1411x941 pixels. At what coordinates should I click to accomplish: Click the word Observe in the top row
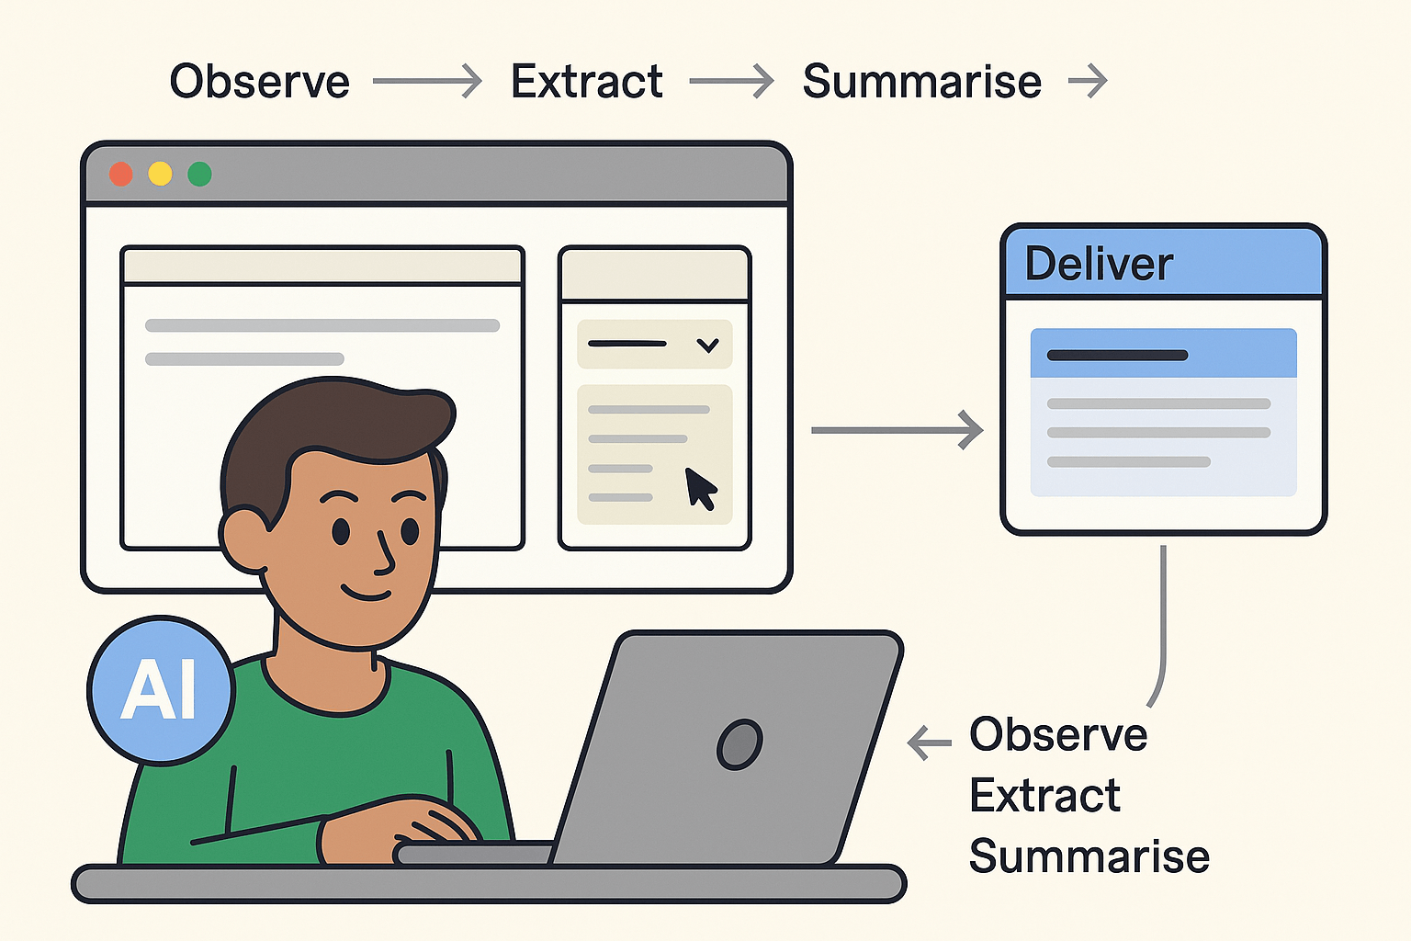[260, 82]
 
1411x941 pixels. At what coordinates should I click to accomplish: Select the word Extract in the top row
[586, 82]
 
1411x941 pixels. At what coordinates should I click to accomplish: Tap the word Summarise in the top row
[921, 82]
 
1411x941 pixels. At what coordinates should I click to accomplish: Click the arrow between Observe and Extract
[427, 82]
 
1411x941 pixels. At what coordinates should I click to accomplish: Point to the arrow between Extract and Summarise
[731, 82]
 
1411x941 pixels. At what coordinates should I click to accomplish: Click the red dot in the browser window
[121, 174]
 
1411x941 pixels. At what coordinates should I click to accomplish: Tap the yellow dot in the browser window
[160, 174]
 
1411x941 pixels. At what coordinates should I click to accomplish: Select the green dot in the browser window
[199, 174]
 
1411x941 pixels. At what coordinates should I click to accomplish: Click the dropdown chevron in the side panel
[707, 346]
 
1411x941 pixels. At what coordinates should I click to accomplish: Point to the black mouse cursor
[700, 487]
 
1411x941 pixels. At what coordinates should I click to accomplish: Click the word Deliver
[1099, 265]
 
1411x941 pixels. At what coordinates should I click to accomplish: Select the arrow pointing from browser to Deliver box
[897, 430]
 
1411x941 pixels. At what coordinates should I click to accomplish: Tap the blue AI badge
[161, 690]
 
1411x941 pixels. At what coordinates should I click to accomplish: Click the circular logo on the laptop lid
[739, 743]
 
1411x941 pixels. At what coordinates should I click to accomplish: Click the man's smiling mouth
[367, 593]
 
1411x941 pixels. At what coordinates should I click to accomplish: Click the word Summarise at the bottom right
[1089, 856]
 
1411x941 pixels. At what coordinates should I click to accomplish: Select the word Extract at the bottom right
[1044, 796]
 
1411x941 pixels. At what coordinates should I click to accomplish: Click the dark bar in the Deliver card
[1117, 355]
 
